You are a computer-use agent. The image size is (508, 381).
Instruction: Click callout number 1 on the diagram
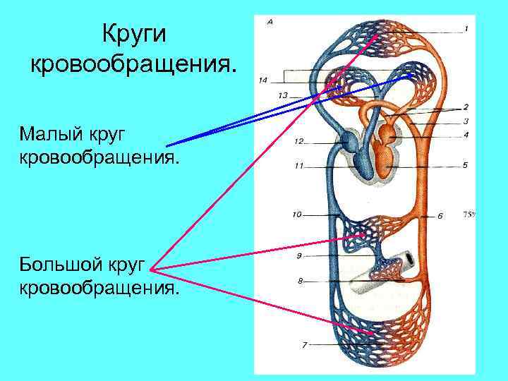tap(466, 29)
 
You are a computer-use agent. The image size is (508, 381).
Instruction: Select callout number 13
tap(283, 95)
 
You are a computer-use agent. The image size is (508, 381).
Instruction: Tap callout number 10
tap(296, 213)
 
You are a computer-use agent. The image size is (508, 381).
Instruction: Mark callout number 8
tap(301, 280)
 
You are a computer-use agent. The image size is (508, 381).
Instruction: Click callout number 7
tap(304, 345)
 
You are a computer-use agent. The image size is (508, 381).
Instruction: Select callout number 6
tap(440, 216)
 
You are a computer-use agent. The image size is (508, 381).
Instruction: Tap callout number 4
tap(466, 134)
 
